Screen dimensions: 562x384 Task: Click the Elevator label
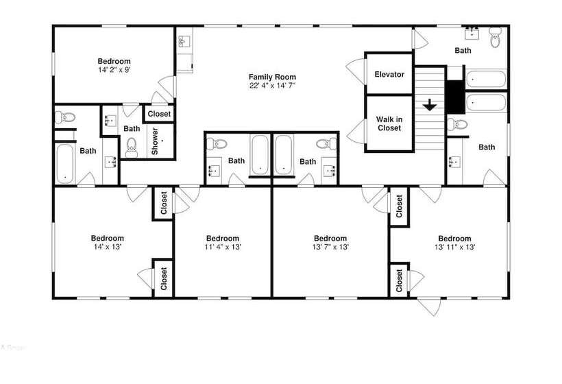tap(389, 74)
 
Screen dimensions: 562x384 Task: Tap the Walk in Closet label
tap(389, 123)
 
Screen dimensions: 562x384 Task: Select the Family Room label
tap(272, 77)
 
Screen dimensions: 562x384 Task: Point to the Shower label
tap(155, 141)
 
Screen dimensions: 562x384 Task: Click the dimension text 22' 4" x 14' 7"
tap(272, 86)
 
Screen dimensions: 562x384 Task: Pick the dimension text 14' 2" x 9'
tap(114, 70)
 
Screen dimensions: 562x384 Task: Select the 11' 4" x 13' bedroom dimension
tap(223, 247)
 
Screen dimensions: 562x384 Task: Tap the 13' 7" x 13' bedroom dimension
tap(330, 247)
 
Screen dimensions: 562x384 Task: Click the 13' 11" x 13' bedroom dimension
tap(455, 247)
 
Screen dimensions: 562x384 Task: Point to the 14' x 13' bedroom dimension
tap(108, 247)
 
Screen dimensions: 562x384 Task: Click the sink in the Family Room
tap(185, 41)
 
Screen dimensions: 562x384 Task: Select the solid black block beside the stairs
tap(455, 97)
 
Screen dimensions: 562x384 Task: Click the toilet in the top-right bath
tap(496, 37)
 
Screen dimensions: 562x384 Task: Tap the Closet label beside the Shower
tap(159, 114)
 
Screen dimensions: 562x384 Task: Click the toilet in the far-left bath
tap(65, 117)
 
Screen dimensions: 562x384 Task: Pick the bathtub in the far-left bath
tap(65, 163)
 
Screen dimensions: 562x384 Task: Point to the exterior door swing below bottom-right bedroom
tap(428, 307)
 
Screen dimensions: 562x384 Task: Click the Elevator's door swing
tap(356, 71)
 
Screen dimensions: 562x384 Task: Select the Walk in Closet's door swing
tap(356, 132)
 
